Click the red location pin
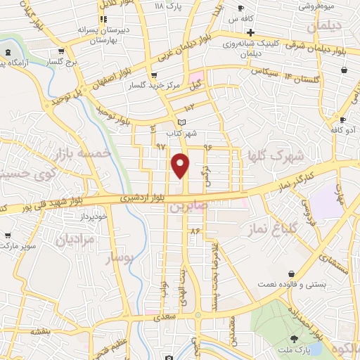(x=181, y=165)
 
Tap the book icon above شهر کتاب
(x=181, y=122)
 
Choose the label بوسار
(x=118, y=259)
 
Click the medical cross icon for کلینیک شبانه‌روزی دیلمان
(x=250, y=32)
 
